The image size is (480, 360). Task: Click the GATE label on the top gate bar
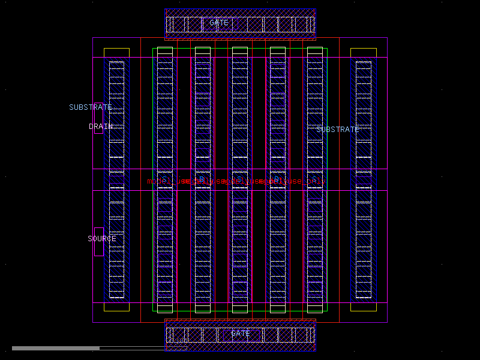click(219, 23)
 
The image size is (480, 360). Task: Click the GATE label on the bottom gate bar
click(241, 334)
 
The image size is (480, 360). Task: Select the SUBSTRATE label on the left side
click(91, 107)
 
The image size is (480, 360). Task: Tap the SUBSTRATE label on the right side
click(338, 130)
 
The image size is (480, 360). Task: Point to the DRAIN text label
click(101, 127)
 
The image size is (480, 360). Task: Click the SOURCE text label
click(102, 239)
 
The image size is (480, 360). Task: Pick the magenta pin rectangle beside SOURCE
click(98, 242)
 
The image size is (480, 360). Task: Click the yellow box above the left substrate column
click(116, 53)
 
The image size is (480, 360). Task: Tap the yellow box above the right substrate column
click(364, 53)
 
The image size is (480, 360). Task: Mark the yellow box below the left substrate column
click(116, 307)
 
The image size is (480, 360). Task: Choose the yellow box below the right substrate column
click(364, 307)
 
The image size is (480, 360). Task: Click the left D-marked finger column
click(203, 240)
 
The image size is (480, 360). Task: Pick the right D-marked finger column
click(278, 240)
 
